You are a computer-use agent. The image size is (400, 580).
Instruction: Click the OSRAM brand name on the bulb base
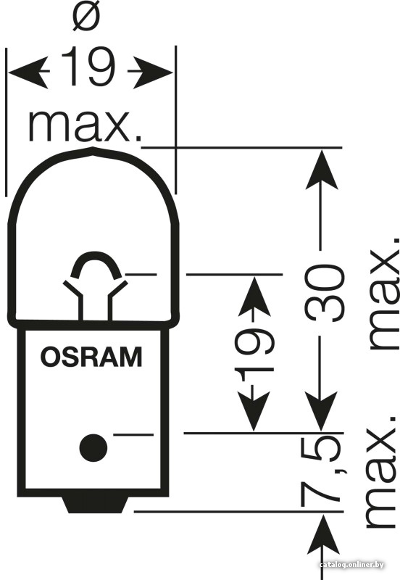(x=91, y=357)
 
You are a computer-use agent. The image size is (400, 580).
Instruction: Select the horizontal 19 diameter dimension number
(x=88, y=67)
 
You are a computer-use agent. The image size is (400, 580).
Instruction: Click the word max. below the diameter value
(x=85, y=125)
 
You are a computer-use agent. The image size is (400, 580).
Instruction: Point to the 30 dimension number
(x=325, y=292)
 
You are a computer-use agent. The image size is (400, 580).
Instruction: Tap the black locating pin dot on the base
(x=93, y=447)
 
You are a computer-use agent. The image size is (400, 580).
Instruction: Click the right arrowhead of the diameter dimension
(x=152, y=72)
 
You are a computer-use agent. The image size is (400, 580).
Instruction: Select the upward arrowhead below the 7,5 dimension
(x=324, y=535)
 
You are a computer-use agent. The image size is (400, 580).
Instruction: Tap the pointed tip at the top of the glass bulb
(x=93, y=148)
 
